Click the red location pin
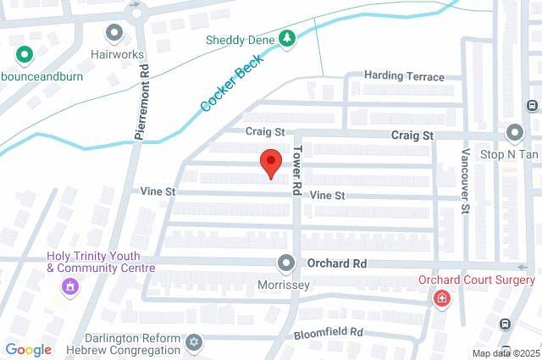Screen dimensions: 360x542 pos(270,162)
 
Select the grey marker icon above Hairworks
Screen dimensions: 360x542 pos(114,33)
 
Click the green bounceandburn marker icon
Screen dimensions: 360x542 pos(25,55)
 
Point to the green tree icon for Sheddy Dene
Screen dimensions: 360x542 pos(288,38)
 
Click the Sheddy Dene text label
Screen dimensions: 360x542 pos(241,39)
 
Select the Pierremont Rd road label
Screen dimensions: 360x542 pos(142,101)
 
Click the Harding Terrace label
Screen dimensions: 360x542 pos(404,76)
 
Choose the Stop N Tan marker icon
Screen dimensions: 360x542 pos(514,134)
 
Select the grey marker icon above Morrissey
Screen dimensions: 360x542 pos(285,264)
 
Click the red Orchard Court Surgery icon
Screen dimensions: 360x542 pos(440,299)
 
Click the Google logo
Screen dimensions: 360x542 pos(28,350)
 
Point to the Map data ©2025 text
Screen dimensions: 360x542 pos(506,353)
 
